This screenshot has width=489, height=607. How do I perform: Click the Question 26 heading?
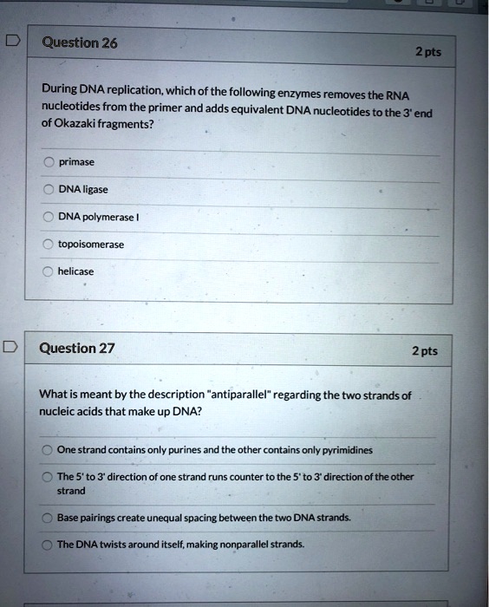[x=79, y=43]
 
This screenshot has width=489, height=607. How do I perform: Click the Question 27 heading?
[x=77, y=349]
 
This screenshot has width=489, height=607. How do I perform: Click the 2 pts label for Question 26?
[x=427, y=52]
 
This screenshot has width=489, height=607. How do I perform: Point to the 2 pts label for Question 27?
[x=424, y=351]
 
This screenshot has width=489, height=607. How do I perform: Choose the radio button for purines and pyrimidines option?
[x=47, y=449]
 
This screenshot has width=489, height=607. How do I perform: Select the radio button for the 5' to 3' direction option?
[x=47, y=477]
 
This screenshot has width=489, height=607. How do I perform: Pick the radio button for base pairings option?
[x=47, y=518]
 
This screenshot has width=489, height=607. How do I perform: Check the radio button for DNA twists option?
[x=47, y=545]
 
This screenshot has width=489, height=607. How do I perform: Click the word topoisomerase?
[x=91, y=244]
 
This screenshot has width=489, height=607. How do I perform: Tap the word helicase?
[x=75, y=271]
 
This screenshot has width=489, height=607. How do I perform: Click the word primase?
[x=76, y=161]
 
